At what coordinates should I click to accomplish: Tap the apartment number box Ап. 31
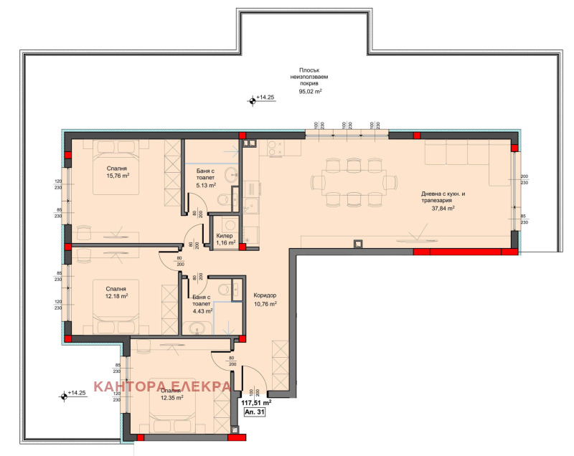[255, 414]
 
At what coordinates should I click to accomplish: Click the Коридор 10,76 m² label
[265, 300]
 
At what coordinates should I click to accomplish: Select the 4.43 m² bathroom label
[203, 305]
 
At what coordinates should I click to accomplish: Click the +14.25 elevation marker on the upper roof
[252, 100]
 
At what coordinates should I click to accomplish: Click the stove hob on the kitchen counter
[274, 148]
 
